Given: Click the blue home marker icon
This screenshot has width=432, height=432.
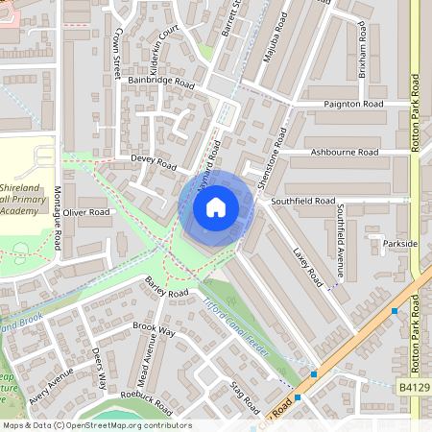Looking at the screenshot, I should pyautogui.click(x=216, y=206).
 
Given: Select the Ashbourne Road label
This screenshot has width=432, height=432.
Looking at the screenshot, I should pyautogui.click(x=345, y=153).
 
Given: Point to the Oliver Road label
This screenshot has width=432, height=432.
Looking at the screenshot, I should pyautogui.click(x=87, y=211).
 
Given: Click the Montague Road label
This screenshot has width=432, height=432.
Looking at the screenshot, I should pyautogui.click(x=58, y=219).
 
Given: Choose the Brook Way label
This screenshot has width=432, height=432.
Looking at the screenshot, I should pyautogui.click(x=154, y=330).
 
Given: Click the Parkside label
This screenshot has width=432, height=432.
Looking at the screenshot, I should pyautogui.click(x=399, y=244).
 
